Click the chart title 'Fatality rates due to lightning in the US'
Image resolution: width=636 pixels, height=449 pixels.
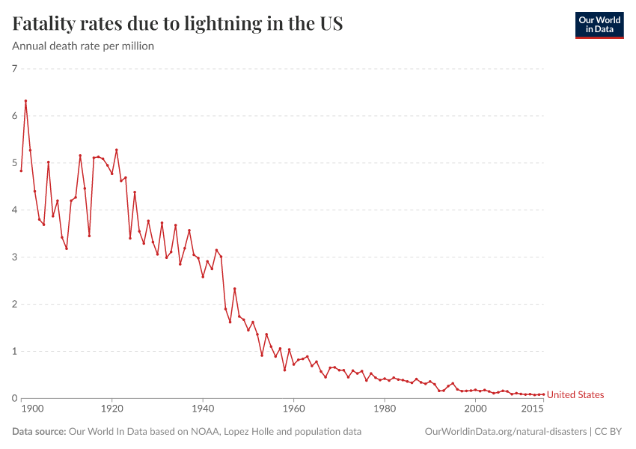point(177,24)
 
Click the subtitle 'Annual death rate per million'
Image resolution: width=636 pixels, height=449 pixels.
point(83,46)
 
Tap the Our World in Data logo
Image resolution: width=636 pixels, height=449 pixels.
point(599,25)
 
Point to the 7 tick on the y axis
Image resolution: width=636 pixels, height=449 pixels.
point(14,69)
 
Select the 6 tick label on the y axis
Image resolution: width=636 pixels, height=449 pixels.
point(14,116)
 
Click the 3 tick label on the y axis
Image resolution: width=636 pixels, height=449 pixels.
point(14,257)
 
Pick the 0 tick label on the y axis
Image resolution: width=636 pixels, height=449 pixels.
point(14,398)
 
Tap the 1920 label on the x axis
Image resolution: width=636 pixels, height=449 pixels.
point(112,409)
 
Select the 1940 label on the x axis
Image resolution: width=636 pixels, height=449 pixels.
point(203,409)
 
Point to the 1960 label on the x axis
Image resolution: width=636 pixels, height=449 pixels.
point(293,409)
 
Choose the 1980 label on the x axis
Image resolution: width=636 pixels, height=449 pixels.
point(385,409)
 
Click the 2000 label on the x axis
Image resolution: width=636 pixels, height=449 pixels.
point(475,409)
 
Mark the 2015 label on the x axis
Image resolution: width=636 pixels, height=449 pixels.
point(533,409)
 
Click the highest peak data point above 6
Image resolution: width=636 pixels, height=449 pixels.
point(25,101)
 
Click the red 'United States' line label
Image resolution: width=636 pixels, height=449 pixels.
point(575,394)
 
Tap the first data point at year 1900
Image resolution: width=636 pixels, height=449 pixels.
point(21,171)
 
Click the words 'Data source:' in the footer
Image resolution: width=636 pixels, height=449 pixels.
point(39,432)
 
